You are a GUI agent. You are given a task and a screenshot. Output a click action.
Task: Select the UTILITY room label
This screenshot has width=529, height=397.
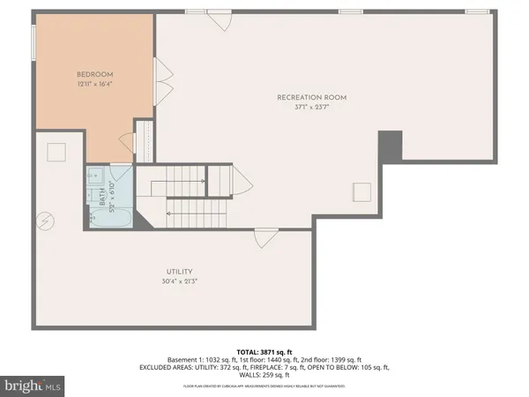point(178,272)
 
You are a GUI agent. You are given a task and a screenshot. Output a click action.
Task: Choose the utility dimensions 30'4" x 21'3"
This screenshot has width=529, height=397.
point(178,282)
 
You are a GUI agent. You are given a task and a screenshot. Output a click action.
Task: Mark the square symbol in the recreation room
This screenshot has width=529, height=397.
point(361,191)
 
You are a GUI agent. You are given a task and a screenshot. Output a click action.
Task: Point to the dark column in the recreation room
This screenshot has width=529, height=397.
point(390,146)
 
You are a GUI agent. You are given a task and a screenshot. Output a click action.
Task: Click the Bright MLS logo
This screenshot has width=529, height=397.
point(34,386)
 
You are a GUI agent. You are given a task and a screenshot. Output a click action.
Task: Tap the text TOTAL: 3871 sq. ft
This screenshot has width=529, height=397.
point(264,351)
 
